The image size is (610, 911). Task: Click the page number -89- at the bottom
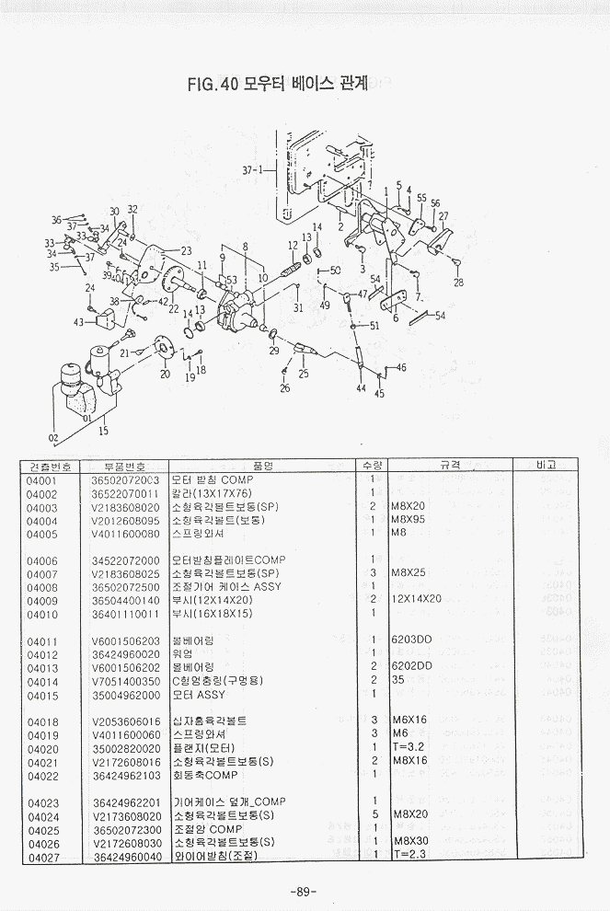click(x=303, y=891)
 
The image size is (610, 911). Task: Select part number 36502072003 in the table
click(x=125, y=480)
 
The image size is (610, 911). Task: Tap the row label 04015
click(x=42, y=696)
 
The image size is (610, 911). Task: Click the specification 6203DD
click(x=412, y=640)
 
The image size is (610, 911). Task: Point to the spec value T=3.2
click(x=409, y=748)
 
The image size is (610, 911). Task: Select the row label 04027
click(x=42, y=856)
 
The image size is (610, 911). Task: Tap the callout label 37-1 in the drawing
click(x=252, y=170)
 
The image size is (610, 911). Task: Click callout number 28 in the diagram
click(x=458, y=283)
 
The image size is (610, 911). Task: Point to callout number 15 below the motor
click(x=103, y=430)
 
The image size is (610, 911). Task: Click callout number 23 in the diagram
click(x=185, y=251)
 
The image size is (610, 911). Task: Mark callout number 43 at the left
click(x=79, y=322)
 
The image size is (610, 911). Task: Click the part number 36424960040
click(x=125, y=856)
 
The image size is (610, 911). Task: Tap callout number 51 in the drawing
click(x=374, y=326)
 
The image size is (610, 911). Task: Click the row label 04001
click(x=42, y=480)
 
